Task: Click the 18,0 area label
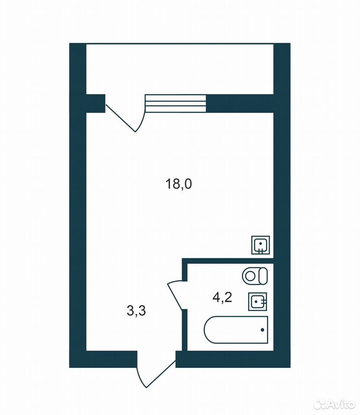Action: point(178,184)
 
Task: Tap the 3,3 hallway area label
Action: point(136,310)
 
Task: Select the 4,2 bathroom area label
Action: point(222,297)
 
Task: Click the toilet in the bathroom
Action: point(254,276)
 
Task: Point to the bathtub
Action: point(236,329)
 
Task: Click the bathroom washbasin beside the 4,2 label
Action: point(257,301)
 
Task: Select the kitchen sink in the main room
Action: point(260,245)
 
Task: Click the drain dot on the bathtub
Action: point(262,330)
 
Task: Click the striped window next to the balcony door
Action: point(175,104)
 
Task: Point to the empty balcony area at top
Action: point(180,69)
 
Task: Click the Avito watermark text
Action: point(341,405)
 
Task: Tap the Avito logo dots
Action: point(319,404)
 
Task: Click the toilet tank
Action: point(263,276)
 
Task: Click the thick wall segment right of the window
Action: point(240,104)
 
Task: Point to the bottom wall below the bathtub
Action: point(233,359)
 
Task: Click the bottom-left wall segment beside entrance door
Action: point(103,359)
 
